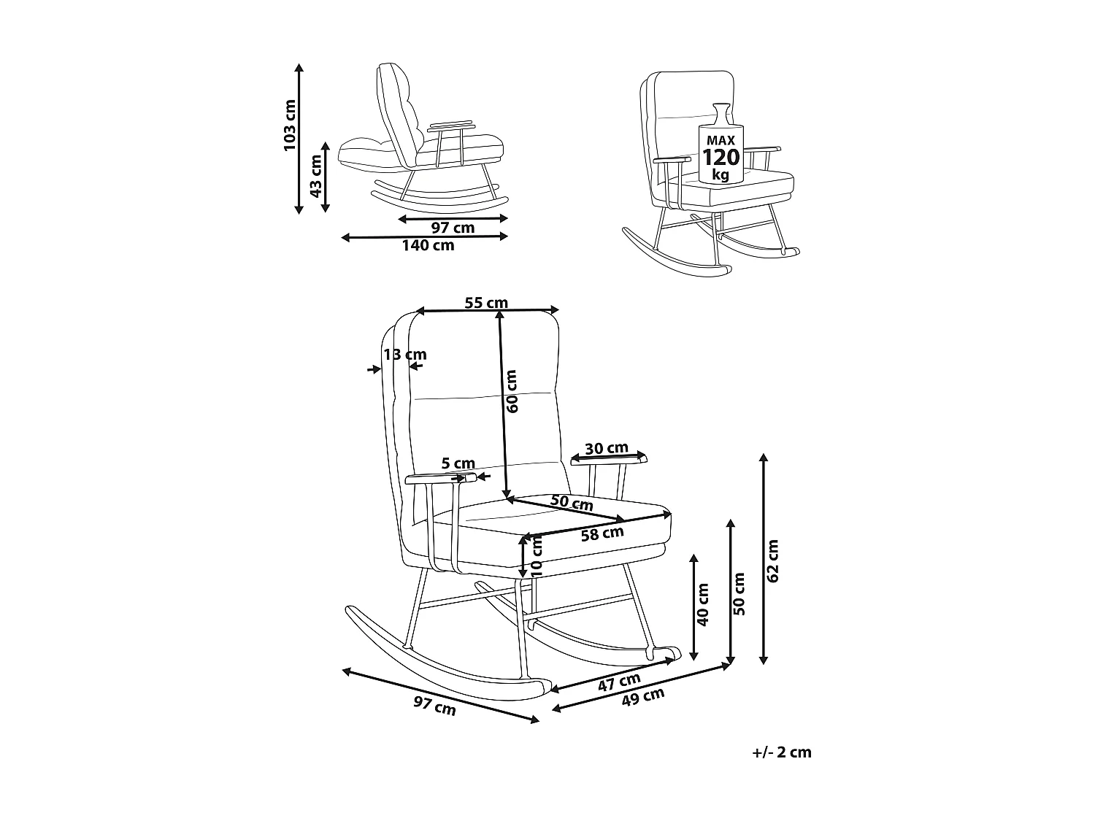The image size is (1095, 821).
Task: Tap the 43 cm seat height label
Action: pos(315,176)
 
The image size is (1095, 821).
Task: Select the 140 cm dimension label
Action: pos(428,246)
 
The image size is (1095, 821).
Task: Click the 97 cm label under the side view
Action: pos(453,228)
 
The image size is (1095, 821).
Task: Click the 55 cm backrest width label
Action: pos(486,303)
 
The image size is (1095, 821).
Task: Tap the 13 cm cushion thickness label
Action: pos(405,355)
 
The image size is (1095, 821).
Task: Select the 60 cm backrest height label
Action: pos(512,392)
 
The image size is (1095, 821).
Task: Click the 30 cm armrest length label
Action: pos(607,448)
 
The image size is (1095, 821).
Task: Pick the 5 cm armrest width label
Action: pos(458,463)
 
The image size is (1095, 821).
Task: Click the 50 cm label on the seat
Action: pos(572,503)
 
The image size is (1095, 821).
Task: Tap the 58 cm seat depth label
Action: pos(602,533)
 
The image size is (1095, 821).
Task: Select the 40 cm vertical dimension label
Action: pos(703,605)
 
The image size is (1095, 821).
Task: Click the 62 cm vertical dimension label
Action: pos(775,560)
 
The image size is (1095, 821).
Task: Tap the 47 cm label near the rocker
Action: pos(620,683)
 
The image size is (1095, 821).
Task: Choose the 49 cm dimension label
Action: pos(643,698)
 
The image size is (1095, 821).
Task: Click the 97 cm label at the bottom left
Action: pos(434,706)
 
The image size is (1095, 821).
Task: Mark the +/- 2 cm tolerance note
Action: pos(781,752)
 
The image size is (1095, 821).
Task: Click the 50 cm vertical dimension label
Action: pos(739,594)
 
